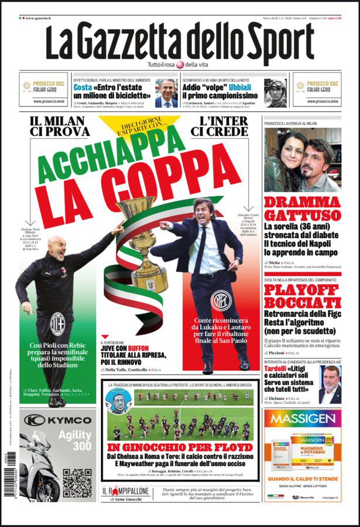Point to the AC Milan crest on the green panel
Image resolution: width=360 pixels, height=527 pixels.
pos(57,323)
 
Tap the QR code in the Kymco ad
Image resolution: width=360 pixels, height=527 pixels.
pos(77,482)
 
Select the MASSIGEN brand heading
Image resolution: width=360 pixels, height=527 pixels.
pos(303,419)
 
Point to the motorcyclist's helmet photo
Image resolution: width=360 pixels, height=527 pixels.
pos(275,93)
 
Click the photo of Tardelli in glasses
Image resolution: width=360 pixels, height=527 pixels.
pos(331,385)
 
